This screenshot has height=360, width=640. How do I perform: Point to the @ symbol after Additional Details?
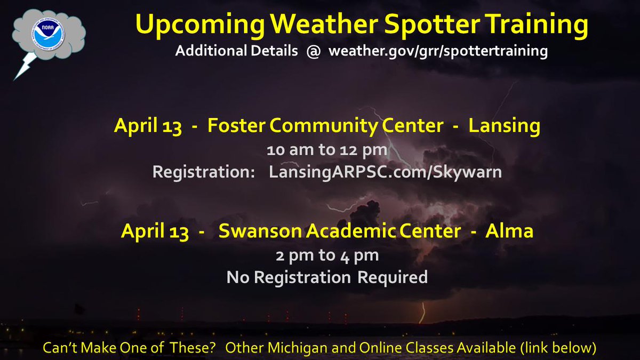tap(313, 52)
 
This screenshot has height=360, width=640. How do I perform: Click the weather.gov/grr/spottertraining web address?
tap(438, 52)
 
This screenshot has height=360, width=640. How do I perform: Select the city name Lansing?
tap(504, 126)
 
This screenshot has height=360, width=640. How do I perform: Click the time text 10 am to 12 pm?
tap(327, 150)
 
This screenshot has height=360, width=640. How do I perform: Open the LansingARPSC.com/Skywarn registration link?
tap(385, 172)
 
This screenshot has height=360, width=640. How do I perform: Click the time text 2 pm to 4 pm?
tap(327, 255)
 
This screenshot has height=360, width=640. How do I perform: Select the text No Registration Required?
tap(327, 277)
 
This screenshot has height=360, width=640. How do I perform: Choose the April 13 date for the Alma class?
tap(155, 231)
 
